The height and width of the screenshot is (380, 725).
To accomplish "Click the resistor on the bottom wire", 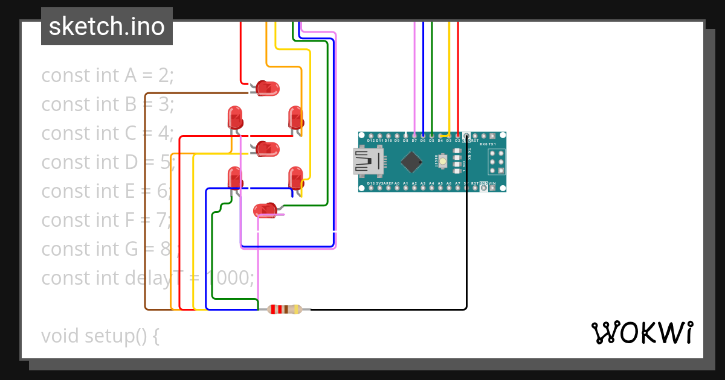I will point(285,309).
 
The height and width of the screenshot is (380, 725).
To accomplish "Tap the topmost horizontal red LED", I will point(266,89).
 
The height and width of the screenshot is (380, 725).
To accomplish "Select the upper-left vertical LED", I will point(235,117).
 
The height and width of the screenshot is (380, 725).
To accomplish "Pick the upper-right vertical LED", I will point(295,117).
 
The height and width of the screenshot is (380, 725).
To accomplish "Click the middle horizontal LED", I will point(266,148).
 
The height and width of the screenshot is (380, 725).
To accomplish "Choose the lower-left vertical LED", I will point(235,178).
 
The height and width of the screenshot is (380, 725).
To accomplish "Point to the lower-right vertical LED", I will point(295,178).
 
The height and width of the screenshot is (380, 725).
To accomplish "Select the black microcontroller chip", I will point(411,162).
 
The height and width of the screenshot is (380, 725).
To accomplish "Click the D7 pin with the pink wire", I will point(414,136).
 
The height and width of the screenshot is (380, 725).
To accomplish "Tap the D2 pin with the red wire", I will point(457,136).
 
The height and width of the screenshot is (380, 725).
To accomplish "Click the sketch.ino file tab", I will point(107,27).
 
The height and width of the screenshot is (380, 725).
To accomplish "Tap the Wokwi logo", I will point(642,332).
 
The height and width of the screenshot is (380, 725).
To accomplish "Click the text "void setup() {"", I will point(100,335).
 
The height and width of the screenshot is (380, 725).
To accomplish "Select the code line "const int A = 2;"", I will point(108,75).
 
